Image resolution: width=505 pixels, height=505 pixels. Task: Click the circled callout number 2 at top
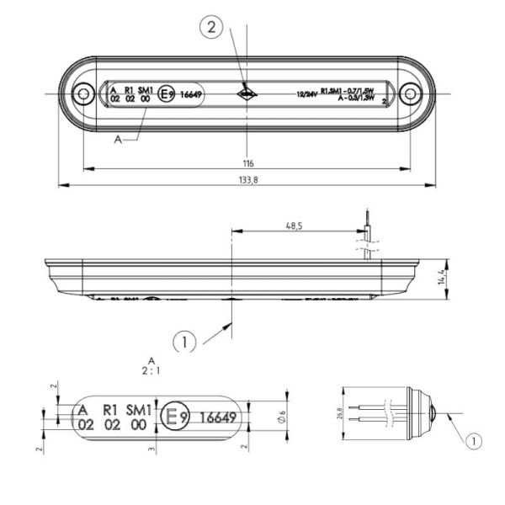[x=211, y=29]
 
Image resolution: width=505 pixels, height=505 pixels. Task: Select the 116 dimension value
[x=247, y=162]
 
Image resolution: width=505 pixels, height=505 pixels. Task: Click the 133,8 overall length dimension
[x=247, y=178]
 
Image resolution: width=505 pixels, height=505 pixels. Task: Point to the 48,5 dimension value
[x=294, y=226]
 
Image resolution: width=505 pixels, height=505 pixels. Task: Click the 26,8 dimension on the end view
[x=340, y=415]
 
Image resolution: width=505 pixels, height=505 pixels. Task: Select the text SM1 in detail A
[x=138, y=409]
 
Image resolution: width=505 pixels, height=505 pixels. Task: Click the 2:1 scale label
[x=151, y=369]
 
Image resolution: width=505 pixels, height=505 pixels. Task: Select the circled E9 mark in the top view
[x=166, y=94]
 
